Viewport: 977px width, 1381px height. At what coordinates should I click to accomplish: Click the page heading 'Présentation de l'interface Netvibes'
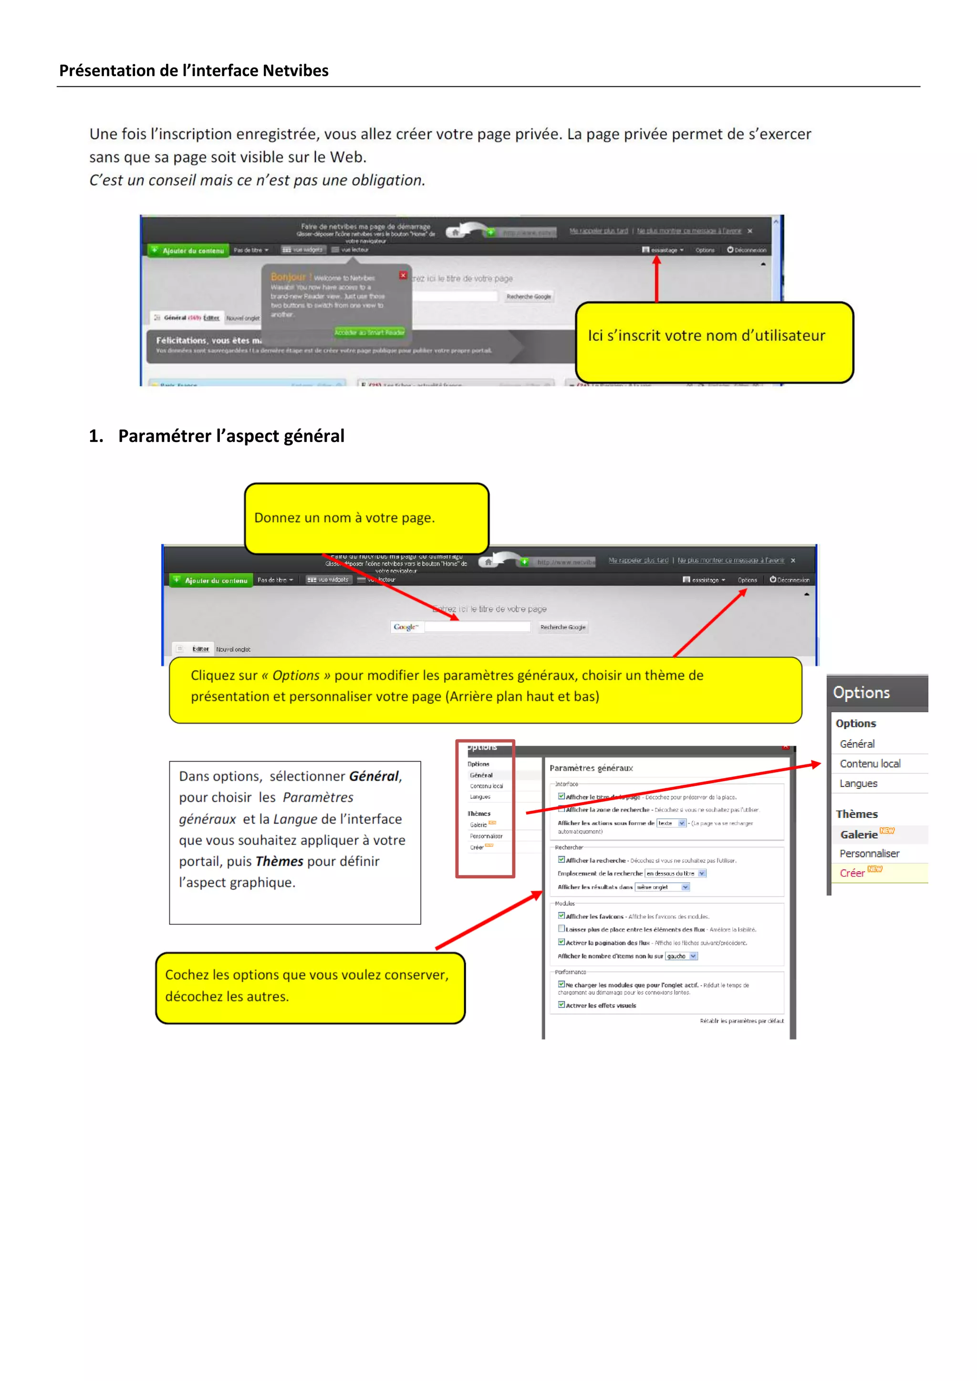point(194,71)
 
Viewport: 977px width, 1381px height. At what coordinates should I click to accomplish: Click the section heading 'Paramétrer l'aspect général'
point(231,435)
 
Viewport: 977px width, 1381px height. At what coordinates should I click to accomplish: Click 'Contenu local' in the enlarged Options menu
point(870,763)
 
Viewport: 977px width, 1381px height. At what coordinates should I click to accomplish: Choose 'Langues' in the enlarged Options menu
point(859,783)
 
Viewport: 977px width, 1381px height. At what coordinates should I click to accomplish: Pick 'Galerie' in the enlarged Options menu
point(859,834)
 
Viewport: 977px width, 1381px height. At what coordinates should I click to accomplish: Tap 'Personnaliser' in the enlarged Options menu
point(869,854)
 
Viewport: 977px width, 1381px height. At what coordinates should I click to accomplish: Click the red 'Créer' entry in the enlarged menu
point(852,873)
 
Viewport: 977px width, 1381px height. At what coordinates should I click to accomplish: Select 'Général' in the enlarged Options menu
point(857,743)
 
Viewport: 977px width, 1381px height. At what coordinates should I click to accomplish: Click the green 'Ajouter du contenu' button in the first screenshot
point(188,250)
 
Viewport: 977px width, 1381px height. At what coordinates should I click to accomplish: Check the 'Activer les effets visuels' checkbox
point(561,1004)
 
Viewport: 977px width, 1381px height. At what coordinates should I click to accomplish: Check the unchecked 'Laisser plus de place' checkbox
point(561,928)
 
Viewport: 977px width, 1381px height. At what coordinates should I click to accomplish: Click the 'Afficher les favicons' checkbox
point(561,916)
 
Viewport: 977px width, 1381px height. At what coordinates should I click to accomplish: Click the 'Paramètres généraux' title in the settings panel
point(591,768)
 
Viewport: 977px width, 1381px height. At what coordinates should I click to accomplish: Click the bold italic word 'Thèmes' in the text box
point(279,861)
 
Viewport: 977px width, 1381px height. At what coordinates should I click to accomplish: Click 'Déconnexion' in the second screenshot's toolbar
point(790,580)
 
